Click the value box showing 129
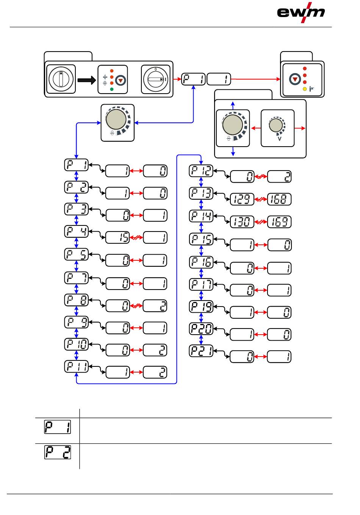(x=242, y=199)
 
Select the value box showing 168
(x=279, y=199)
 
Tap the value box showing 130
(x=242, y=222)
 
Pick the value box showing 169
(x=279, y=222)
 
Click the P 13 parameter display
(x=201, y=193)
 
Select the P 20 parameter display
(x=201, y=329)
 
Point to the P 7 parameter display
(x=76, y=278)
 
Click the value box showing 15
(x=117, y=237)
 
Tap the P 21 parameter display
(x=201, y=351)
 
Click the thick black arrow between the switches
(x=87, y=80)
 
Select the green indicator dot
(x=112, y=89)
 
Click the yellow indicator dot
(x=305, y=89)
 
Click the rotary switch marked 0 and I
(x=156, y=79)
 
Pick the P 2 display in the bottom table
(x=58, y=452)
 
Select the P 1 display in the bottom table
(x=58, y=427)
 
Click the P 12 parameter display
(x=201, y=171)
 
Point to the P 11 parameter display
(x=76, y=366)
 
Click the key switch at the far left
(x=61, y=79)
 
